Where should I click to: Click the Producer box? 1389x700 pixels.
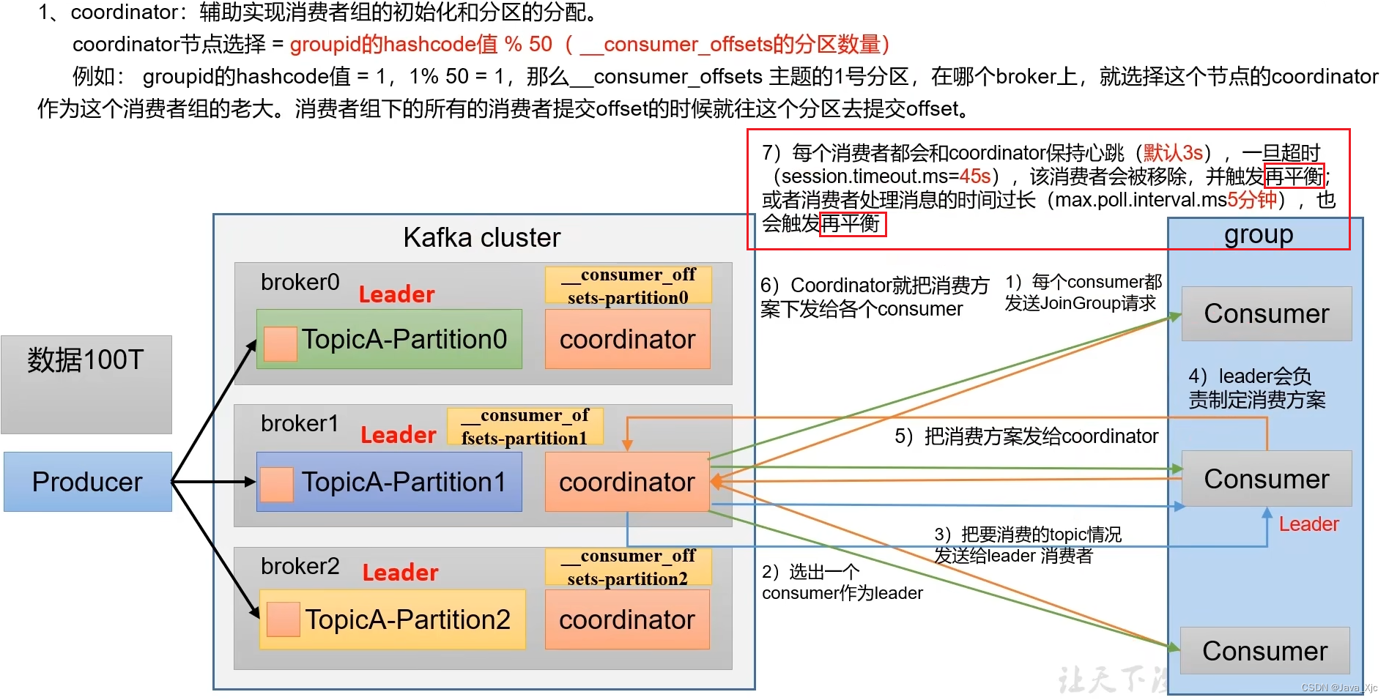pyautogui.click(x=87, y=482)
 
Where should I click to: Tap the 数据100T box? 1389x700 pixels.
pyautogui.click(x=86, y=384)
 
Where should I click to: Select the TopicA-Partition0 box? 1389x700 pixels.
pyautogui.click(x=389, y=339)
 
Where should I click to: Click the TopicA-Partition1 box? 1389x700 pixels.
pyautogui.click(x=389, y=482)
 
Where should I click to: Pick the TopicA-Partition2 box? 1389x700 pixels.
pyautogui.click(x=393, y=619)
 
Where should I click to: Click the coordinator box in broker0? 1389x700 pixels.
pyautogui.click(x=627, y=339)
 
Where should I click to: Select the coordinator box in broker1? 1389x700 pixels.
pyautogui.click(x=627, y=482)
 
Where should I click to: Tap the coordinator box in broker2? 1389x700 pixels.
pyautogui.click(x=627, y=619)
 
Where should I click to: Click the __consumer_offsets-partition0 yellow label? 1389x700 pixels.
pyautogui.click(x=628, y=286)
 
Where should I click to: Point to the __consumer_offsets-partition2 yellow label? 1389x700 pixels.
pyautogui.click(x=628, y=567)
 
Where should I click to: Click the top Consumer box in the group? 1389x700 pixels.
pyautogui.click(x=1266, y=313)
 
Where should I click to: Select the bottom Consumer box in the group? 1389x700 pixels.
pyautogui.click(x=1264, y=650)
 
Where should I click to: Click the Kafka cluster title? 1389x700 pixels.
pyautogui.click(x=481, y=238)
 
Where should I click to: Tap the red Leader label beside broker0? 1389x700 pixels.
pyautogui.click(x=396, y=294)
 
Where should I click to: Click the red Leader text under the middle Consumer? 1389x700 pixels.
pyautogui.click(x=1308, y=524)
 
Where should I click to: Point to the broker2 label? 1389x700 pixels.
pyautogui.click(x=300, y=566)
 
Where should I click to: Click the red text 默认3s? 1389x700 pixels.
pyautogui.click(x=1173, y=152)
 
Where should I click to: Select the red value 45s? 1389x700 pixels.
pyautogui.click(x=975, y=176)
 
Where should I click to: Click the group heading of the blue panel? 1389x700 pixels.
pyautogui.click(x=1259, y=235)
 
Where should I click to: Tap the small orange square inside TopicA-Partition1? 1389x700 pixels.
pyautogui.click(x=277, y=484)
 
